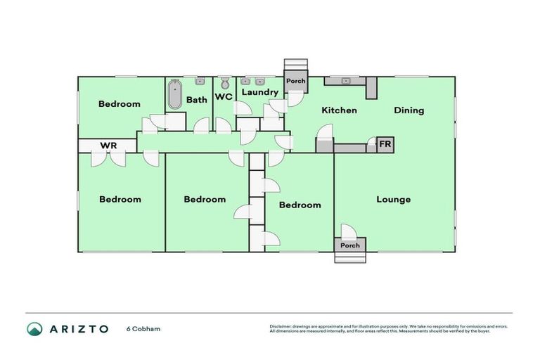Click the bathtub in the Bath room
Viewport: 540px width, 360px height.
tap(174, 95)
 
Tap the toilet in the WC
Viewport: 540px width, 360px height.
tap(224, 83)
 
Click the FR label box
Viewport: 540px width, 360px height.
tap(385, 145)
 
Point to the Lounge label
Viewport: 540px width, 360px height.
tap(393, 200)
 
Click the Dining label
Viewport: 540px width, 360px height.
tap(409, 110)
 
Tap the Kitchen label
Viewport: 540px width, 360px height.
tap(339, 110)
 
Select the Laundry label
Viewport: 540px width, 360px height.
tap(260, 92)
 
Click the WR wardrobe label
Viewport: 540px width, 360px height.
tap(108, 146)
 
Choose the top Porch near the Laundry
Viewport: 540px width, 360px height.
tap(296, 81)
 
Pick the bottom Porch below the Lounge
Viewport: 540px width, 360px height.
tap(349, 245)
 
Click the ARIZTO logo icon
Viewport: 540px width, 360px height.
tap(34, 329)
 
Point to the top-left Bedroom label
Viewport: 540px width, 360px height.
tap(119, 104)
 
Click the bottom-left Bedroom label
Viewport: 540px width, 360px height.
tap(120, 200)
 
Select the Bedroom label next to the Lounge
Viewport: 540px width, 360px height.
tap(300, 205)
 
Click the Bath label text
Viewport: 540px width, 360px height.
tap(197, 100)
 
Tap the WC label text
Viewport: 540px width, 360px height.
tap(224, 96)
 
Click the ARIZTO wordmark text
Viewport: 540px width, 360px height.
tap(78, 329)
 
